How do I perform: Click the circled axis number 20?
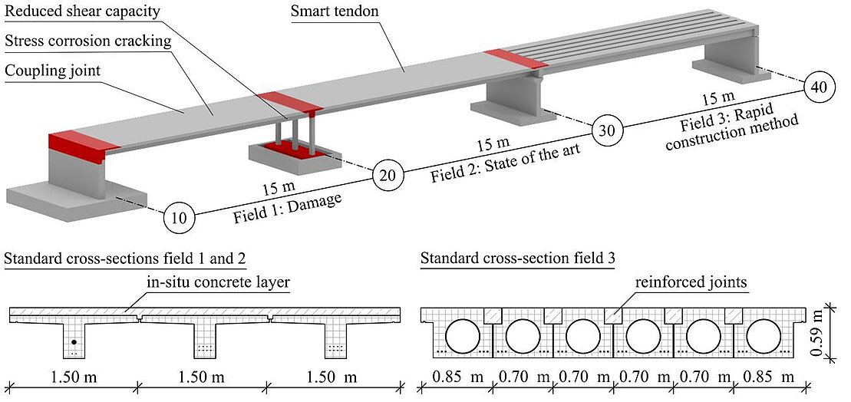[x=388, y=176]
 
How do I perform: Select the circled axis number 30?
[x=606, y=130]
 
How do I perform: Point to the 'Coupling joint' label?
[x=53, y=71]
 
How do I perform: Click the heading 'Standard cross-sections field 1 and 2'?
[x=126, y=259]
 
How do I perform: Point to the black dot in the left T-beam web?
[x=74, y=341]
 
